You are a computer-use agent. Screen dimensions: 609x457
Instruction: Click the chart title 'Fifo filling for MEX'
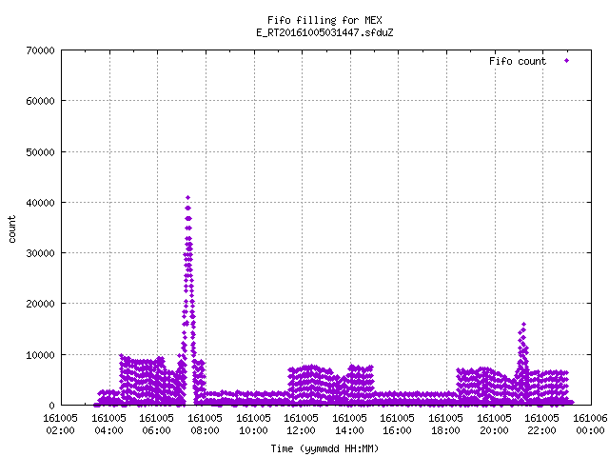pyautogui.click(x=324, y=20)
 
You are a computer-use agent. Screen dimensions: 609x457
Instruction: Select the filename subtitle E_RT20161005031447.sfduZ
pyautogui.click(x=324, y=32)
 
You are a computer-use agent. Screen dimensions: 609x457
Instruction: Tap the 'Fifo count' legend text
pyautogui.click(x=518, y=61)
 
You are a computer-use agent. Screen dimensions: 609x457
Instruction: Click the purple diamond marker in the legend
pyautogui.click(x=567, y=61)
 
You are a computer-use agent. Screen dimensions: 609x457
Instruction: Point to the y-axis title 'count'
pyautogui.click(x=12, y=228)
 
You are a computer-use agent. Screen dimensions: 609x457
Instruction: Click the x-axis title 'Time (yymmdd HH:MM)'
pyautogui.click(x=324, y=448)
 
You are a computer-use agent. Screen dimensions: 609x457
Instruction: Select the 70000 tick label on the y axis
pyautogui.click(x=40, y=50)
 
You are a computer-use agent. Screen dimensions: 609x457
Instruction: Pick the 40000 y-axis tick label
pyautogui.click(x=40, y=203)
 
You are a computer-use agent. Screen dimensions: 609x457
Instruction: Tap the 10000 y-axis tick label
pyautogui.click(x=40, y=355)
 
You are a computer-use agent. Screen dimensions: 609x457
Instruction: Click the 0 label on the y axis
pyautogui.click(x=51, y=406)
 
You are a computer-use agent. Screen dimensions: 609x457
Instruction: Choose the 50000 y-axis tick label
pyautogui.click(x=40, y=152)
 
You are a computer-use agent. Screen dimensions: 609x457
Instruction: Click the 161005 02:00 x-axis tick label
pyautogui.click(x=60, y=425)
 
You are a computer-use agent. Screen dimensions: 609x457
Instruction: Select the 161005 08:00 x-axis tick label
pyautogui.click(x=206, y=425)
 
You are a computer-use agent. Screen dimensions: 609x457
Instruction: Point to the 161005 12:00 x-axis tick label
pyautogui.click(x=301, y=425)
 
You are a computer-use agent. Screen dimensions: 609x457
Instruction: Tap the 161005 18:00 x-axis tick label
pyautogui.click(x=445, y=425)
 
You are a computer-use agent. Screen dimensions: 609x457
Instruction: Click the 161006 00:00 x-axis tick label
pyautogui.click(x=590, y=425)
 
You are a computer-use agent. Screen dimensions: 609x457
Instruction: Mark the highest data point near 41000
pyautogui.click(x=188, y=198)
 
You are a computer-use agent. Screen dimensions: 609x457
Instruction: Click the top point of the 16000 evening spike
pyautogui.click(x=523, y=324)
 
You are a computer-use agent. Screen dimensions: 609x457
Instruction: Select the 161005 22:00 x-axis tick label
pyautogui.click(x=541, y=425)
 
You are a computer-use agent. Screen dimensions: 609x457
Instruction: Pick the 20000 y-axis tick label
pyautogui.click(x=40, y=304)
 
